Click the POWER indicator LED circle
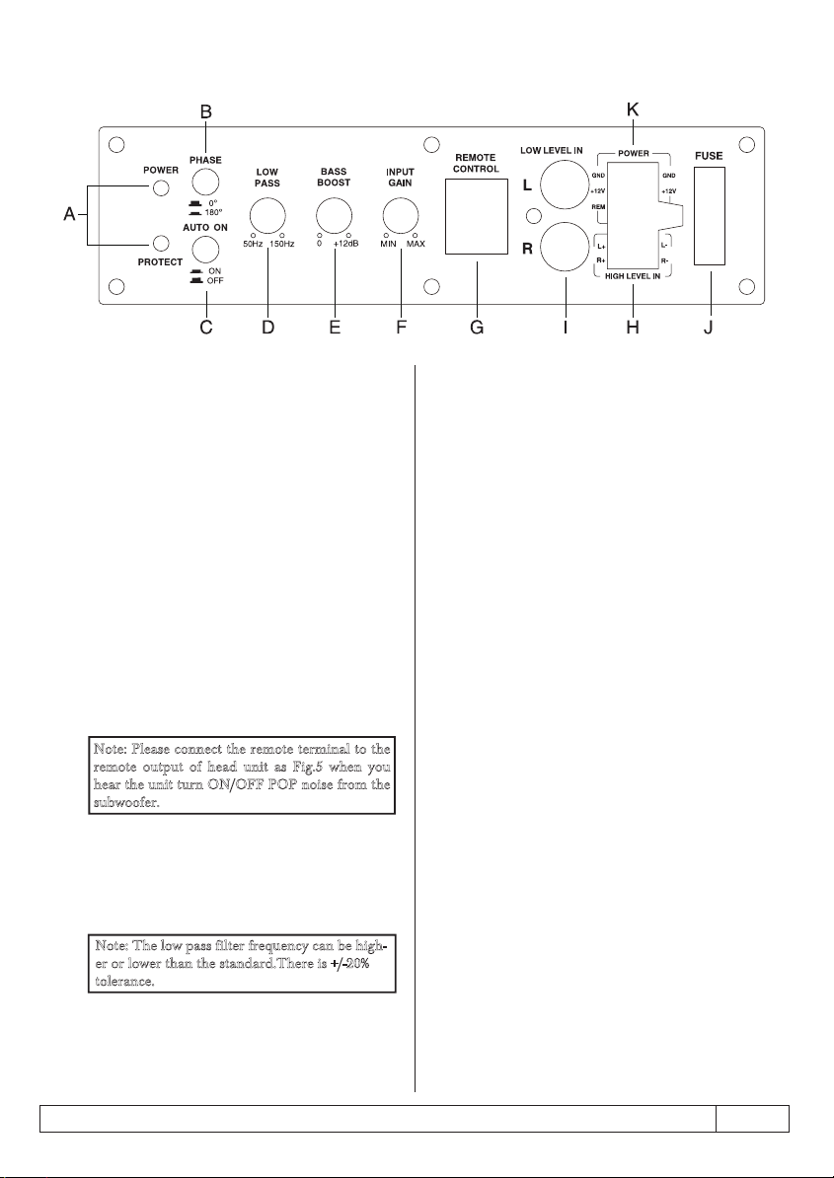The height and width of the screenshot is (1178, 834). (159, 187)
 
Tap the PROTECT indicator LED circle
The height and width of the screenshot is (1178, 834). (159, 243)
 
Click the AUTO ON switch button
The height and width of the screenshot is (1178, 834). (205, 248)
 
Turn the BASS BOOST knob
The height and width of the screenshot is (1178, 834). (335, 214)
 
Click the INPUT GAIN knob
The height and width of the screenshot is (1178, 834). (402, 214)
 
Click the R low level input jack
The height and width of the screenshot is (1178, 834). (565, 249)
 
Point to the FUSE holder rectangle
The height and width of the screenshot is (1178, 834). (710, 216)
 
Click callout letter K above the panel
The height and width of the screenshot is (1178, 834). (633, 110)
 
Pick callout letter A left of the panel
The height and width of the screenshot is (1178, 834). (70, 215)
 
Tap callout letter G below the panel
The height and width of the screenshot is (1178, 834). (477, 328)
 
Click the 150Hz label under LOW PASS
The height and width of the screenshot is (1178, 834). (282, 244)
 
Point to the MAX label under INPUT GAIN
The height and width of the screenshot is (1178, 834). (416, 244)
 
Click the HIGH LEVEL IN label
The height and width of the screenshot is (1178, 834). (633, 275)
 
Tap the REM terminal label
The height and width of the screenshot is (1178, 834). (599, 206)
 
